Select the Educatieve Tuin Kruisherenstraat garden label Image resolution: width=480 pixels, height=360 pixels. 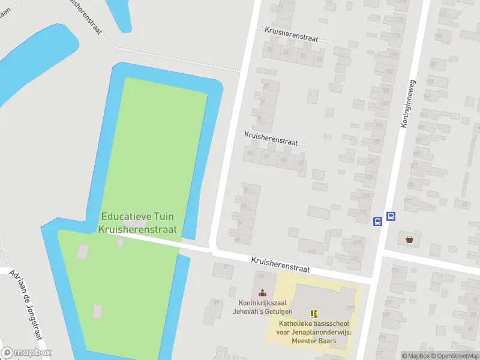pyautogui.click(x=138, y=223)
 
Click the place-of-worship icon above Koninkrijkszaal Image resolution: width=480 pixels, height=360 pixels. pyautogui.click(x=262, y=293)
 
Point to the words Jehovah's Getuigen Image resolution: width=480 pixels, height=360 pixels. pyautogui.click(x=263, y=311)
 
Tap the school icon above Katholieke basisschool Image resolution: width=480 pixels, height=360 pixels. pyautogui.click(x=313, y=314)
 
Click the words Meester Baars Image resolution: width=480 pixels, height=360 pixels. pyautogui.click(x=314, y=341)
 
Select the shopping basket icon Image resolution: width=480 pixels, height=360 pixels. pyautogui.click(x=409, y=239)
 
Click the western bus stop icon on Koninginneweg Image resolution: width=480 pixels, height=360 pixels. pyautogui.click(x=377, y=221)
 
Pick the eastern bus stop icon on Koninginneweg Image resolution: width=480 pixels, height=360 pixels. pyautogui.click(x=391, y=217)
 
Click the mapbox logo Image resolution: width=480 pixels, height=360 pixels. pyautogui.click(x=26, y=352)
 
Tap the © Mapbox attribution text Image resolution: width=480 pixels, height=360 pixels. pyautogui.click(x=415, y=356)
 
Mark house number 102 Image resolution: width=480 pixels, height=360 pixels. pyautogui.click(x=310, y=251)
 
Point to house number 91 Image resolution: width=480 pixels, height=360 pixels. pyautogui.click(x=226, y=266)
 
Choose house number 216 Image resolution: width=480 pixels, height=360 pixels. pyautogui.click(x=362, y=212)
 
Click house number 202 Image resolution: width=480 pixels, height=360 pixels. pyautogui.click(x=372, y=161)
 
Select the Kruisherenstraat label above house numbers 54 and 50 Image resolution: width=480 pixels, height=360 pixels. pyautogui.click(x=271, y=139)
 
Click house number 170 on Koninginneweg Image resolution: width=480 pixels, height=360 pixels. pyautogui.click(x=398, y=20)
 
